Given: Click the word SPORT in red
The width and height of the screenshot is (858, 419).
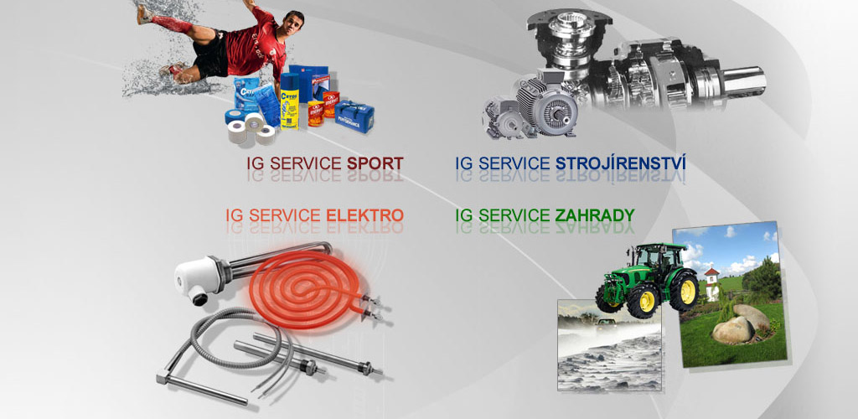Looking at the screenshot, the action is click(x=375, y=163).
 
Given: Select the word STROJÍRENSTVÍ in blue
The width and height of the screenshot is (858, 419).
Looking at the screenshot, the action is click(x=621, y=163).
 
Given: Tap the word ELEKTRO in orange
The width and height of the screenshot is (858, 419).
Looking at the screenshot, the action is click(x=365, y=215).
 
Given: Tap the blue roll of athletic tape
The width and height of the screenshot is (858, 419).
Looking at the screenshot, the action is click(x=235, y=116).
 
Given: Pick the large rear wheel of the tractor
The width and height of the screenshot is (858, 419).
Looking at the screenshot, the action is click(x=684, y=292).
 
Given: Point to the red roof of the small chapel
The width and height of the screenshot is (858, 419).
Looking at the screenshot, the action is click(x=711, y=272).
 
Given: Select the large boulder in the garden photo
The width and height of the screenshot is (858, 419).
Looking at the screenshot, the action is click(x=732, y=330).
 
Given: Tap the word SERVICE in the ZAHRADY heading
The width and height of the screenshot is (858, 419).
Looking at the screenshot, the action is click(x=514, y=215).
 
